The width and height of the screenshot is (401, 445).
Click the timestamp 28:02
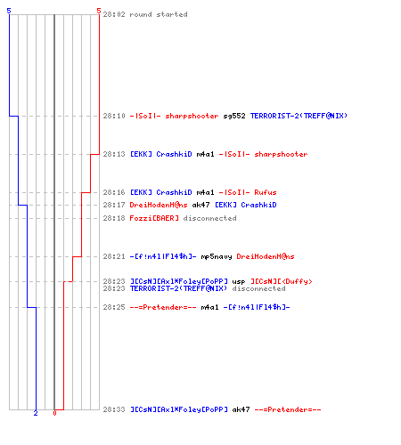[x=114, y=14]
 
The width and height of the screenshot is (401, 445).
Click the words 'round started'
[x=159, y=14]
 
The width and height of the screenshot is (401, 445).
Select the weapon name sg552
[x=234, y=116]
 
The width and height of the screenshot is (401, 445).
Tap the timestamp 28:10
[x=114, y=116]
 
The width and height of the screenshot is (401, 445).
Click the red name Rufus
[x=266, y=192]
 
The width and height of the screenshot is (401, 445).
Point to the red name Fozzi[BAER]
[x=154, y=218]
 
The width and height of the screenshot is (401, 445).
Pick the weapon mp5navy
[x=217, y=256]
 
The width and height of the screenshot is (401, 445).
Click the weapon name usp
[x=239, y=281]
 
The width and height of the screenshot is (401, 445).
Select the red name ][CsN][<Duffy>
[x=282, y=281]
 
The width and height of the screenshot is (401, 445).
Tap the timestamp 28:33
[x=114, y=409]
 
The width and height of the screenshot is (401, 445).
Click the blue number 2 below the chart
[x=36, y=413]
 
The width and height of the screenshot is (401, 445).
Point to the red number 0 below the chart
[x=54, y=413]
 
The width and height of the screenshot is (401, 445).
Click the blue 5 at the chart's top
[x=9, y=11]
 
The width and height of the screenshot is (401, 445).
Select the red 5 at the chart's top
[x=99, y=11]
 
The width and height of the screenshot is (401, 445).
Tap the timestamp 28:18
[x=114, y=218]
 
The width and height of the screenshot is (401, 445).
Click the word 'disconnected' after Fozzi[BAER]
[x=209, y=218]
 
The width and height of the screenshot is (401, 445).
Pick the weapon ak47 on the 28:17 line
[x=200, y=205]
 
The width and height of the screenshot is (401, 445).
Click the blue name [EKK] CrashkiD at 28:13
[x=161, y=154]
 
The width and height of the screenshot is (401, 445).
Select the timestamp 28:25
[x=114, y=307]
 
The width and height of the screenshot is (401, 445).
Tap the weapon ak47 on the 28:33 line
[x=241, y=409]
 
